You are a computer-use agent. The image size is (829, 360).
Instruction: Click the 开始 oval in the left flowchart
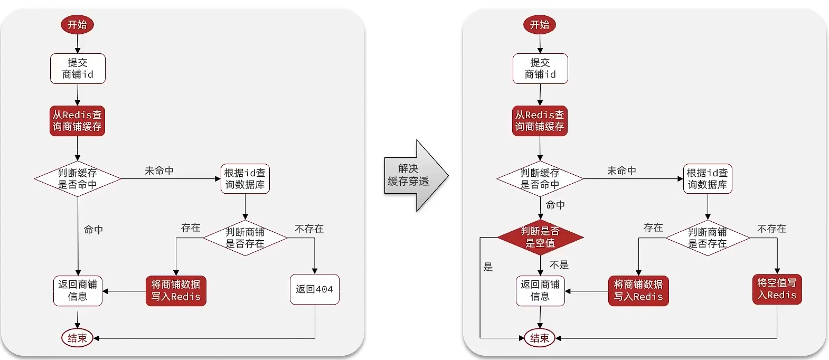[x=77, y=24]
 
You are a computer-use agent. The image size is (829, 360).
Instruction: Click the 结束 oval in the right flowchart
[x=540, y=338]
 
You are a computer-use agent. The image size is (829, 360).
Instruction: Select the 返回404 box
[x=314, y=289]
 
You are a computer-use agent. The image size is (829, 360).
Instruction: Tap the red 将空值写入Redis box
[x=777, y=289]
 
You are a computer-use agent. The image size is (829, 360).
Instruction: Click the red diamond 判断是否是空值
[x=540, y=237]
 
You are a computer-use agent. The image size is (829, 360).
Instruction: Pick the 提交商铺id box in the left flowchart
[x=78, y=69]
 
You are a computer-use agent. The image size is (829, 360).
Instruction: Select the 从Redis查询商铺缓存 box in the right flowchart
[x=540, y=121]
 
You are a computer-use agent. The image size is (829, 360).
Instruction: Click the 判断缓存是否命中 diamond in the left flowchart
[x=78, y=179]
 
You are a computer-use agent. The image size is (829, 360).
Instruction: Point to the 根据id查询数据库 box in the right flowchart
[x=707, y=179]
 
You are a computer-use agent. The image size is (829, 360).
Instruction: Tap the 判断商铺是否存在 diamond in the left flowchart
[x=245, y=238]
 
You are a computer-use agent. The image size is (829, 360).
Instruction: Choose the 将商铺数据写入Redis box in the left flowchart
[x=176, y=290]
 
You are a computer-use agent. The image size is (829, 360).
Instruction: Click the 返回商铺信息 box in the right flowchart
[x=540, y=290]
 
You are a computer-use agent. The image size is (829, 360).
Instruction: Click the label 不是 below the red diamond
[x=559, y=265]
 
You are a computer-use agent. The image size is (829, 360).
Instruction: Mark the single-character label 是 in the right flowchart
[x=488, y=267]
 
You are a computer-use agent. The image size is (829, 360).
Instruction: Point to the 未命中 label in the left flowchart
[x=159, y=171]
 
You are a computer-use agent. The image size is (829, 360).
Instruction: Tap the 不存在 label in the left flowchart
[x=309, y=229]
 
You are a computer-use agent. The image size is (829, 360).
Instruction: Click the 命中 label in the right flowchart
[x=555, y=205]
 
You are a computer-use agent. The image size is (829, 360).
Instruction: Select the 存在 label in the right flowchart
[x=653, y=228]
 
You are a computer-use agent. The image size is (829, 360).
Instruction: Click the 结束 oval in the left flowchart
[x=77, y=338]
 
